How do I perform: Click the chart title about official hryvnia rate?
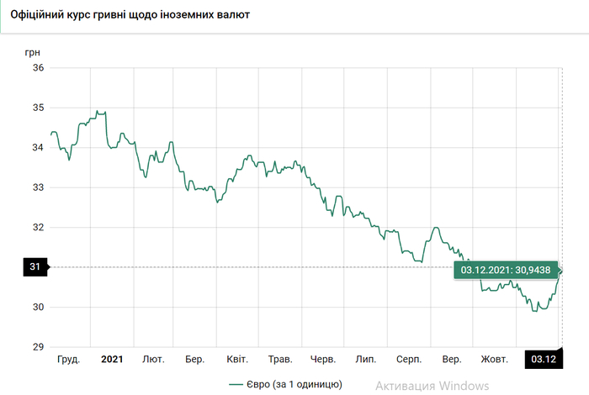coord(130,16)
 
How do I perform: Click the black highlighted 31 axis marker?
coord(36,267)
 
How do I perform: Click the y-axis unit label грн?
coord(33,51)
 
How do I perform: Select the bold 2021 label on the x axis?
coord(112,360)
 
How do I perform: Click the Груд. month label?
coord(68,360)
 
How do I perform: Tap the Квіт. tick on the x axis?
coord(237,360)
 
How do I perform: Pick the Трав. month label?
coord(280,360)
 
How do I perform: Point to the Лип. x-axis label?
coord(366,360)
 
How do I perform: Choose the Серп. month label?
coord(409,360)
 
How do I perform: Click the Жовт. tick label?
coord(494,360)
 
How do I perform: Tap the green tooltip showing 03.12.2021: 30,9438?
coord(505,270)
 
